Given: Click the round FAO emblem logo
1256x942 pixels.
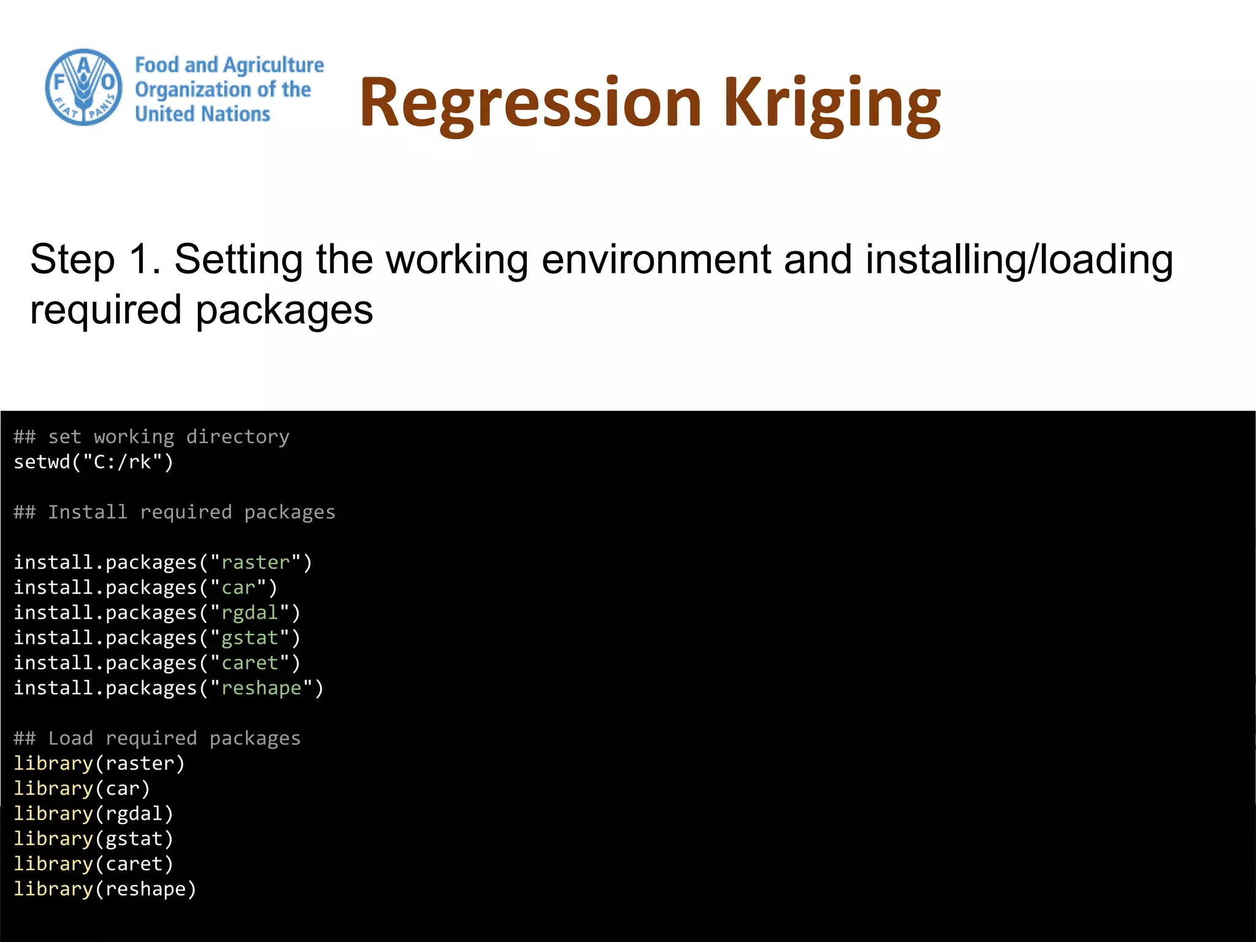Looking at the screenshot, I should tap(83, 87).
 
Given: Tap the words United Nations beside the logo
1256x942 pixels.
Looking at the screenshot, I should tap(202, 114).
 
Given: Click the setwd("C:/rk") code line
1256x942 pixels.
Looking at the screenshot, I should tap(94, 462).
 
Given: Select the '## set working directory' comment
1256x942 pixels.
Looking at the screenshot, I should tap(151, 437).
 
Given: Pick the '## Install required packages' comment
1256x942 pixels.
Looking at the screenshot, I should tap(175, 512).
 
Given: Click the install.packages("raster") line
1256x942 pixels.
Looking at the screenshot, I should tap(163, 562).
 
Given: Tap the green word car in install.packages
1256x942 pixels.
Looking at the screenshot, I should tap(238, 588).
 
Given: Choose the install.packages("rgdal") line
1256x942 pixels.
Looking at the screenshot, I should tap(157, 613).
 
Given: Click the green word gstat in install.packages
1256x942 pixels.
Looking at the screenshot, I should tap(250, 638).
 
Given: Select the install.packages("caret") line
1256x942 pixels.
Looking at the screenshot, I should tap(157, 663).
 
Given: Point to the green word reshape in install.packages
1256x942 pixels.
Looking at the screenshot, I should tap(261, 688).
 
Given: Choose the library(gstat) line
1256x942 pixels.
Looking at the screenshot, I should tap(94, 839).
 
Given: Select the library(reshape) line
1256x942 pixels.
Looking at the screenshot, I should tap(105, 889).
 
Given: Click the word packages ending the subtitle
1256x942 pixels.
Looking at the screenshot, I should tap(284, 310).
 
